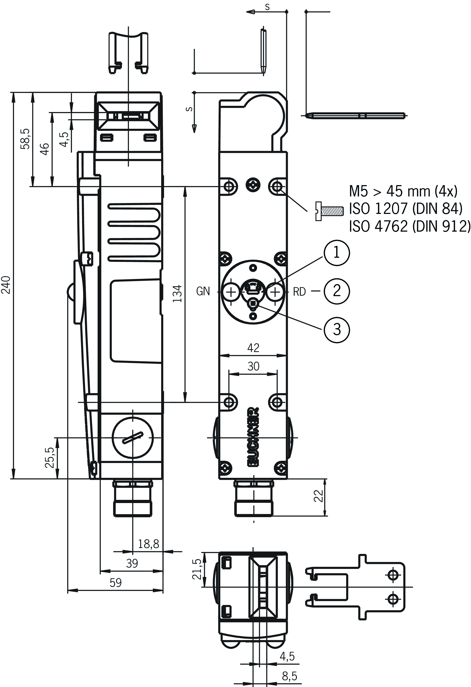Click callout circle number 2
337,291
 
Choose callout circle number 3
337,329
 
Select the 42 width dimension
253,348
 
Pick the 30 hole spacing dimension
253,366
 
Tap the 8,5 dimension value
289,676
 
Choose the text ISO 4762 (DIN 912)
409,226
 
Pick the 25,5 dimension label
50,458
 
